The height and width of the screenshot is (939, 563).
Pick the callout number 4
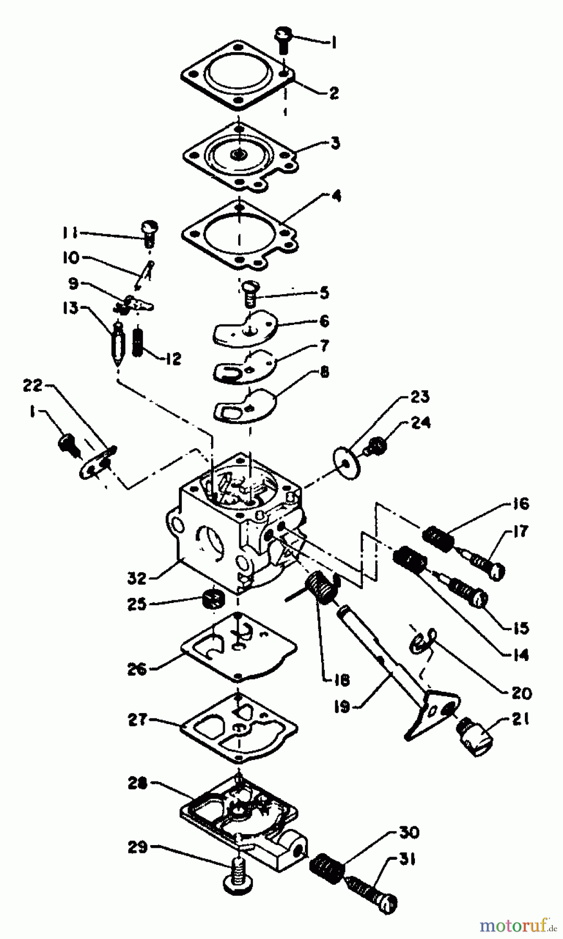tap(337, 197)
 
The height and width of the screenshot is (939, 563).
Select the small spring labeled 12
tap(138, 343)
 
